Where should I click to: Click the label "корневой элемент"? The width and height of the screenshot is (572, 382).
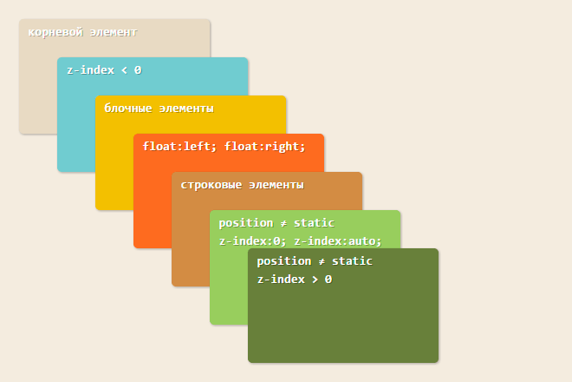click(x=82, y=32)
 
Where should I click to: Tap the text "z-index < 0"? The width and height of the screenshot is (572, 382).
click(x=104, y=70)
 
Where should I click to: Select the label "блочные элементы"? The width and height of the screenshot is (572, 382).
click(x=159, y=109)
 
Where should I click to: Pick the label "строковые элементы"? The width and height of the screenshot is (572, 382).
click(x=242, y=185)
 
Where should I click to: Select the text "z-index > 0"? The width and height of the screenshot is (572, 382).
click(x=295, y=280)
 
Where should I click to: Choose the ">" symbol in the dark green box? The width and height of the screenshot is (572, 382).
click(x=315, y=280)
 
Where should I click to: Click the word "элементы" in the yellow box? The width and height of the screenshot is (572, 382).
click(x=187, y=109)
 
